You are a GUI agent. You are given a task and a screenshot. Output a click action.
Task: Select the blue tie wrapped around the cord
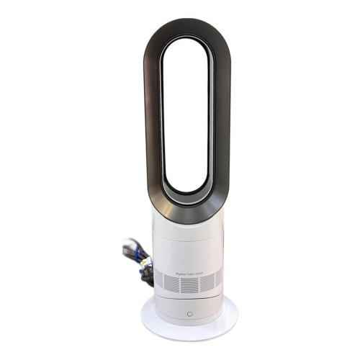point(134,249)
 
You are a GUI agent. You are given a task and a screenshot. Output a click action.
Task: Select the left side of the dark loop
point(153,115)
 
